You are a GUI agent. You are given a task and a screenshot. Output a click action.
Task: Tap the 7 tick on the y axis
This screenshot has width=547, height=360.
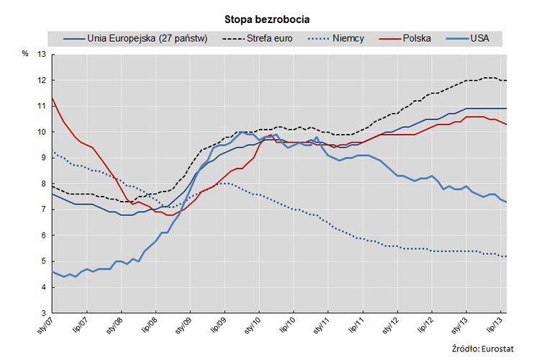pyautogui.click(x=43, y=210)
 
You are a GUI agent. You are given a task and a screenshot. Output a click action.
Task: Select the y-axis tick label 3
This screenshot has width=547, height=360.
pyautogui.click(x=43, y=313)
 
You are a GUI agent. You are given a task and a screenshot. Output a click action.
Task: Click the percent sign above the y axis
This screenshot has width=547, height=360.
pyautogui.click(x=24, y=54)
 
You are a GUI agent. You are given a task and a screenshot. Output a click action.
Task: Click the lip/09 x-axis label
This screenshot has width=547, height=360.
pyautogui.click(x=216, y=328)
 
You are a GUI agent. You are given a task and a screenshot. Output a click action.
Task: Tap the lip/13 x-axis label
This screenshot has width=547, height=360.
pyautogui.click(x=494, y=328)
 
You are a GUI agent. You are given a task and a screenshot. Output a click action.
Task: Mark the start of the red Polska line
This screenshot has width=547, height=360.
pyautogui.click(x=52, y=98)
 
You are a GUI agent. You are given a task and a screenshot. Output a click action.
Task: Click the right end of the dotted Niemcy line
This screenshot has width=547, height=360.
pyautogui.click(x=506, y=256)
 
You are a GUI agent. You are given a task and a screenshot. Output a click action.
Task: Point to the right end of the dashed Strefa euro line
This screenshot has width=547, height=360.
pyautogui.click(x=506, y=80)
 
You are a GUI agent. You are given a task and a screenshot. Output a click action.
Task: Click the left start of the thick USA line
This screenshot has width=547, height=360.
pyautogui.click(x=52, y=271)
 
